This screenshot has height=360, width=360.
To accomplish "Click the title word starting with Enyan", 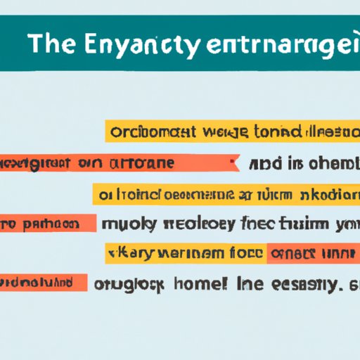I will click(137, 44).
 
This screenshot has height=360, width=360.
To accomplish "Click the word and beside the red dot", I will click(267, 164).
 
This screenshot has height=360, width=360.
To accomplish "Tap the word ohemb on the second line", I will click(329, 164).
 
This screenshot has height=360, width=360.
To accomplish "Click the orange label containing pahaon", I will click(46, 224).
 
